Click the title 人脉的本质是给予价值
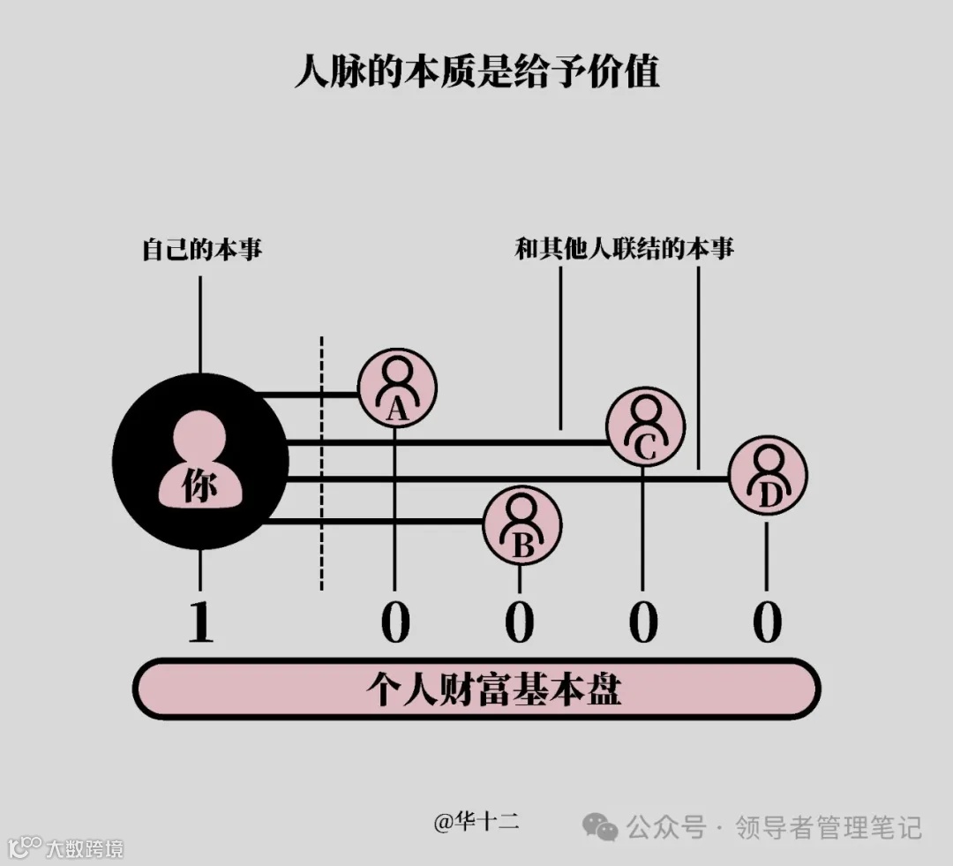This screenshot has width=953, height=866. pos(476,72)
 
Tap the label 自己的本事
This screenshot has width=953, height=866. pos(202,250)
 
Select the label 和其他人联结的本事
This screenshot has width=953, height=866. pos(625,249)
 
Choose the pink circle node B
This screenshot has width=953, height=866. pos(522,524)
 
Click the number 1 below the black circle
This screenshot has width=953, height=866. pos(201,622)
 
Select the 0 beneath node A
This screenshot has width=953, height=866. pos(395,622)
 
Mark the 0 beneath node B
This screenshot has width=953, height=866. pos(520,622)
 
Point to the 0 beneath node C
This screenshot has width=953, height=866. pos(644,622)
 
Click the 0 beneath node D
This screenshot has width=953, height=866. pos(768,622)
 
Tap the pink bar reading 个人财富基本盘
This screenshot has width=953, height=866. pos(476,689)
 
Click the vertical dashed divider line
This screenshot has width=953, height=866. pos(321,463)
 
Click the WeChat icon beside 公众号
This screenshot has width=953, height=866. pos(601,827)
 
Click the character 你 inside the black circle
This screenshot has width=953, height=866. pos(200,486)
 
